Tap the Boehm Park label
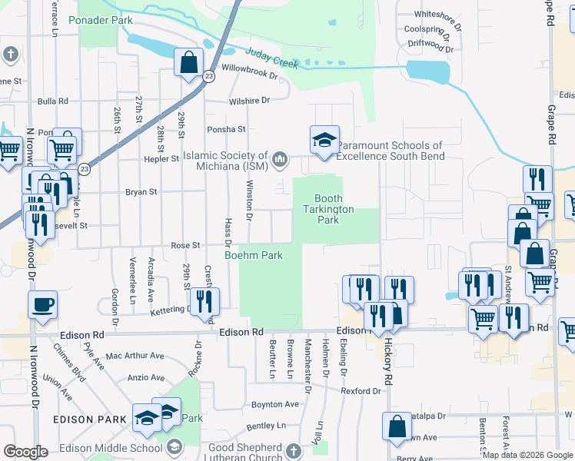coord(254,255)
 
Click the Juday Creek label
coord(271,58)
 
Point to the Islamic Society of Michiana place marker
coord(281,160)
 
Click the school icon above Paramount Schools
coord(324,141)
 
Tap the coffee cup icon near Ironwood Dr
coord(42,303)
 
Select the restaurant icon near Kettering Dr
coord(204,300)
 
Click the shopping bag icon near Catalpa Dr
coord(397,428)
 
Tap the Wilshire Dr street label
coord(249,101)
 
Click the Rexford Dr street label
coord(361,391)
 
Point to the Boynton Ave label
coord(274,404)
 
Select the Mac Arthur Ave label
coord(135,356)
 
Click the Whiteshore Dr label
coord(437,15)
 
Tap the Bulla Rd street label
coord(53,101)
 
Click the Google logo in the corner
coord(25,452)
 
